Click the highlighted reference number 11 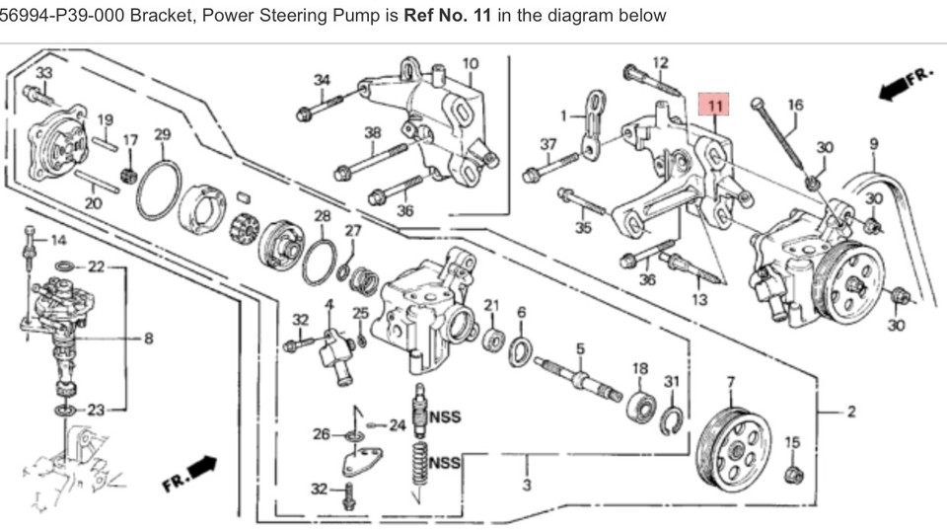714,104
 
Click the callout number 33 43,74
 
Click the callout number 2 850,412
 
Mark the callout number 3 527,485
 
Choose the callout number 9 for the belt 873,144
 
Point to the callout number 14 57,240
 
